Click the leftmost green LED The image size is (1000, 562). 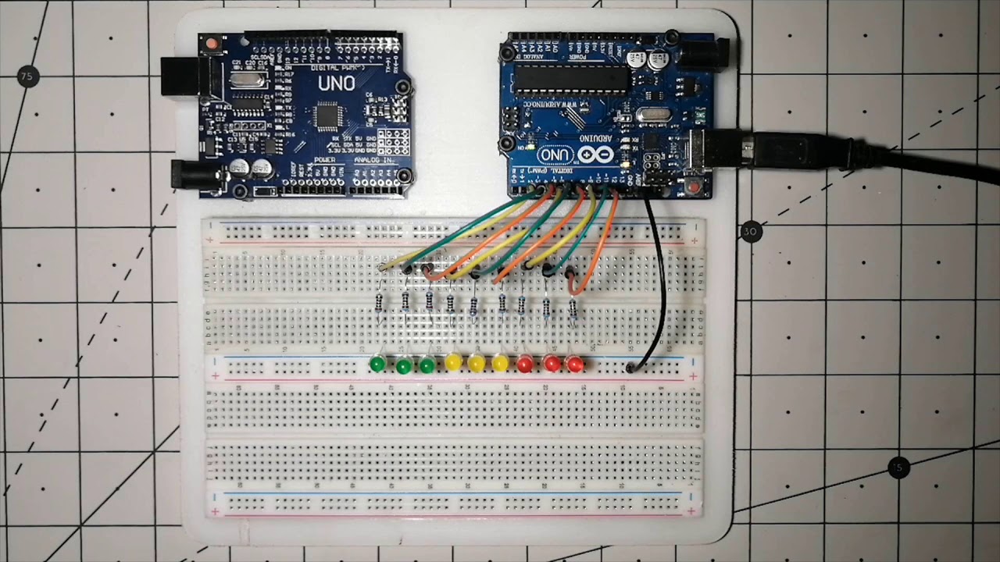pyautogui.click(x=377, y=364)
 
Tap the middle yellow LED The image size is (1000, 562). pyautogui.click(x=476, y=363)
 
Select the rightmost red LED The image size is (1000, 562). pyautogui.click(x=576, y=365)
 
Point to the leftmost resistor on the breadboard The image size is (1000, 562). pyautogui.click(x=380, y=304)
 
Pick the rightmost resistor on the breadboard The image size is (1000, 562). pyautogui.click(x=573, y=308)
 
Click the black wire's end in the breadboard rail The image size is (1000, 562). pyautogui.click(x=630, y=367)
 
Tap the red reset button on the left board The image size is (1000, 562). pyautogui.click(x=211, y=45)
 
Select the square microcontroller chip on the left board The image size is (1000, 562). pyautogui.click(x=326, y=117)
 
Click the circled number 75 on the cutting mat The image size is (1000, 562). pyautogui.click(x=28, y=76)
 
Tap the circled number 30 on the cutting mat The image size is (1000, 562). pyautogui.click(x=751, y=232)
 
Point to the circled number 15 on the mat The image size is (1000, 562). pyautogui.click(x=898, y=468)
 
